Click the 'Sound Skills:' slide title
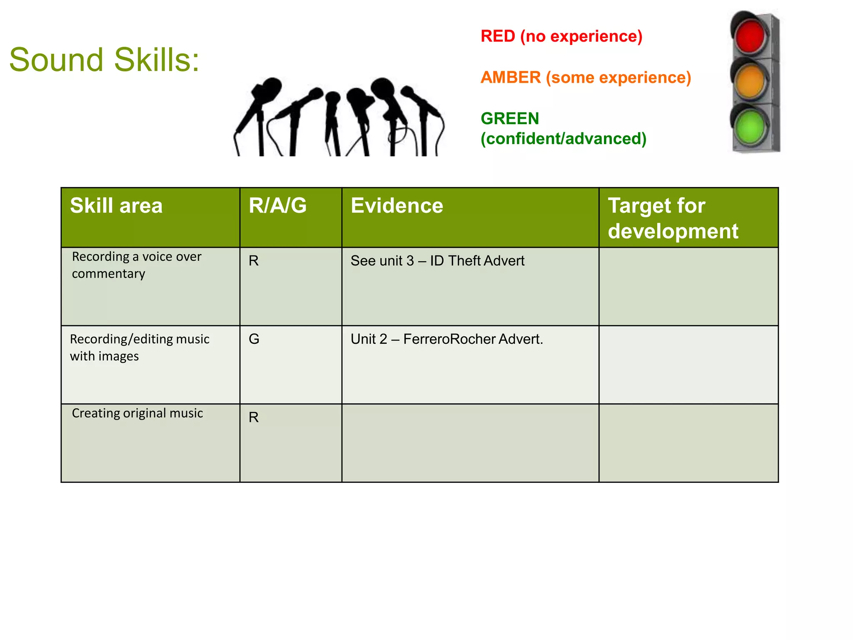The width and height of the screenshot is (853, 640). click(104, 60)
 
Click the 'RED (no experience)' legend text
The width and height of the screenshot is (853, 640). click(561, 36)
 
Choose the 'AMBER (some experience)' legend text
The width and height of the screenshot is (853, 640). click(586, 77)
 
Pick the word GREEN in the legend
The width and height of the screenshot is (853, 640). click(510, 119)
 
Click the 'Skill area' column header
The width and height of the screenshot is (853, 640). click(116, 206)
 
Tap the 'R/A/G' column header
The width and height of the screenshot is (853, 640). click(277, 206)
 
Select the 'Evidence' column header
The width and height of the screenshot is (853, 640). click(397, 206)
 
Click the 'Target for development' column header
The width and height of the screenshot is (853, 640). click(673, 218)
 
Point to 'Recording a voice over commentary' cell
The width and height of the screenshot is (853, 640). click(137, 265)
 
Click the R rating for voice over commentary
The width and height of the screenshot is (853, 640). click(254, 261)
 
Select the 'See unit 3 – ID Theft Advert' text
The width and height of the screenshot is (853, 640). click(437, 261)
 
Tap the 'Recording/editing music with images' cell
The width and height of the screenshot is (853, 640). click(139, 347)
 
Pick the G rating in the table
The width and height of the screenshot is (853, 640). click(254, 339)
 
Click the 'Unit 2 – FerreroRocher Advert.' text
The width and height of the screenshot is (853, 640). click(446, 339)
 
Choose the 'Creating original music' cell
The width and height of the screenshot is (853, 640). click(137, 413)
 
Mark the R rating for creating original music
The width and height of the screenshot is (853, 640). click(254, 417)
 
